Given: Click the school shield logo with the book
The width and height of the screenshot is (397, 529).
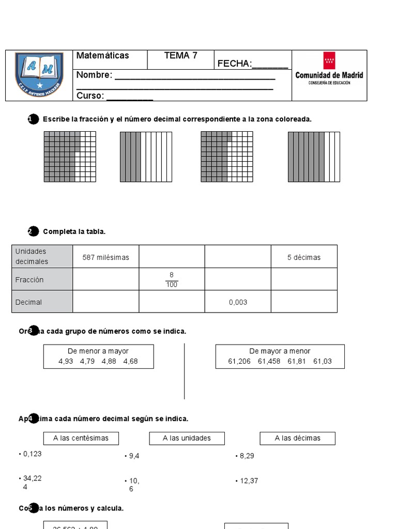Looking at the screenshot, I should pos(39,74).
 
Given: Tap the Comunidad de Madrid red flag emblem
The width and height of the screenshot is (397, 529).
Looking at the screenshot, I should pos(329,60).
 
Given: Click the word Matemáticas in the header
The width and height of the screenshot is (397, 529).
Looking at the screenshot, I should pos(103,56).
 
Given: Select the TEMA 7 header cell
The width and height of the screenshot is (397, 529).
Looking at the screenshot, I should pos(181,56).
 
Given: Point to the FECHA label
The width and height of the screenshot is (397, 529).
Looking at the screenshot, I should pos(234,64).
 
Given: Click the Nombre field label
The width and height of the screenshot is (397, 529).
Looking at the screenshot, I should pos(94,75).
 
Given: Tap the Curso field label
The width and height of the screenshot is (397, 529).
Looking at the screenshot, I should pos(90,96).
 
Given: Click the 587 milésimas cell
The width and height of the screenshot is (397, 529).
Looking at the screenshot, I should pos(106,257).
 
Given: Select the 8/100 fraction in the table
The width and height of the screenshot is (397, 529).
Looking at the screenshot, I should pos(172,280).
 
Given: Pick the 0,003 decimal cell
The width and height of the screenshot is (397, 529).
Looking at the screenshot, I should pos(238,302).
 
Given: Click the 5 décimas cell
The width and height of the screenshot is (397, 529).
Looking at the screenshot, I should pos(304,257).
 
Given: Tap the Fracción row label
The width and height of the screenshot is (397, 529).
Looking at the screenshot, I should pos(29,280).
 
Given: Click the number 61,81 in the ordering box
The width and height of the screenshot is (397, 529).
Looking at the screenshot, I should pos(297,361).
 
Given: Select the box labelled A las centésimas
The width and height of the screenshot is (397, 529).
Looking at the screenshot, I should pos(81,438).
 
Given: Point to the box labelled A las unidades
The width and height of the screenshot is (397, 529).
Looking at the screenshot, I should pos(187,438).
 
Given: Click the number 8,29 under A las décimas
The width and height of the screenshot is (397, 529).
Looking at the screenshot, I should pos(247,456).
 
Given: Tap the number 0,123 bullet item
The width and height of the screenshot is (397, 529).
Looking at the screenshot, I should pos(32,454).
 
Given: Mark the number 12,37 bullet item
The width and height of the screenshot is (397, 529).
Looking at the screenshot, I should pos(249,481).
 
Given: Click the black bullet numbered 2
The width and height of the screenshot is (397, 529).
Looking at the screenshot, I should pos(33,231).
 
